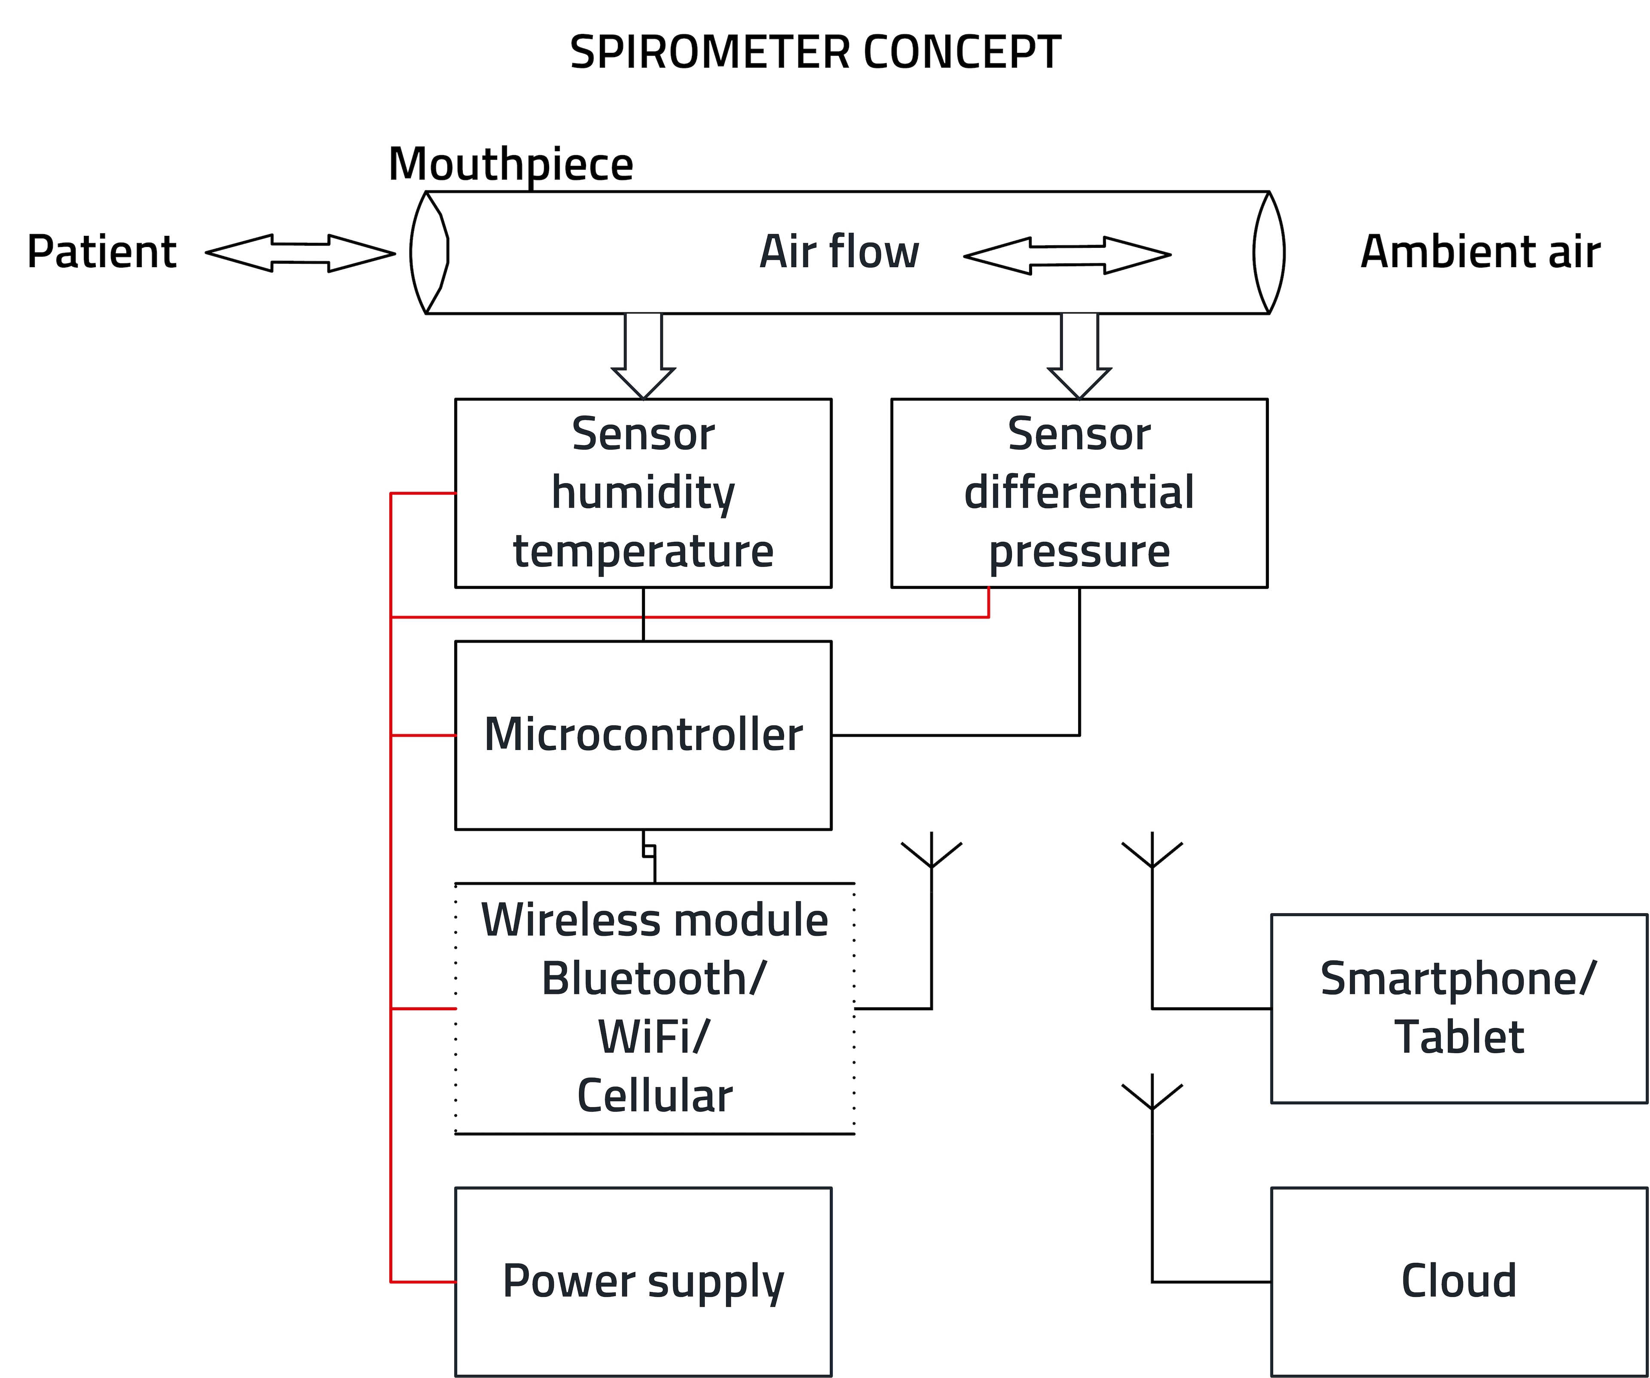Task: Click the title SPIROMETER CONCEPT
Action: (x=815, y=53)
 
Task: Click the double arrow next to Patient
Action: (x=300, y=253)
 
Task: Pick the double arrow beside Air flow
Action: (x=1067, y=255)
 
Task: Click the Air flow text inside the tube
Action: (x=839, y=252)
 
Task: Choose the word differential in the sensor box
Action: (x=1079, y=493)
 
